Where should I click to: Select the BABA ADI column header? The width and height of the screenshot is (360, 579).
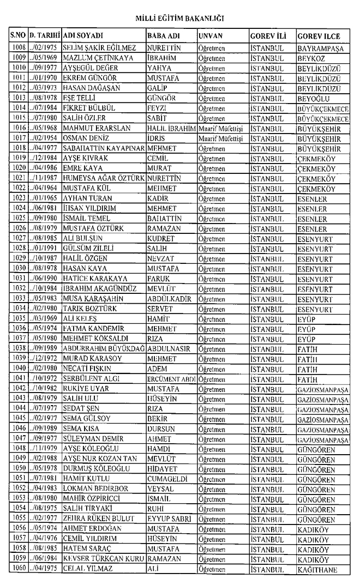pos(162,36)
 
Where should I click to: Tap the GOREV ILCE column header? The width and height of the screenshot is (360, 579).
pos(319,36)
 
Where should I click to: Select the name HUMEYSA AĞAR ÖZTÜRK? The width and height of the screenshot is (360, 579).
pos(104,179)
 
